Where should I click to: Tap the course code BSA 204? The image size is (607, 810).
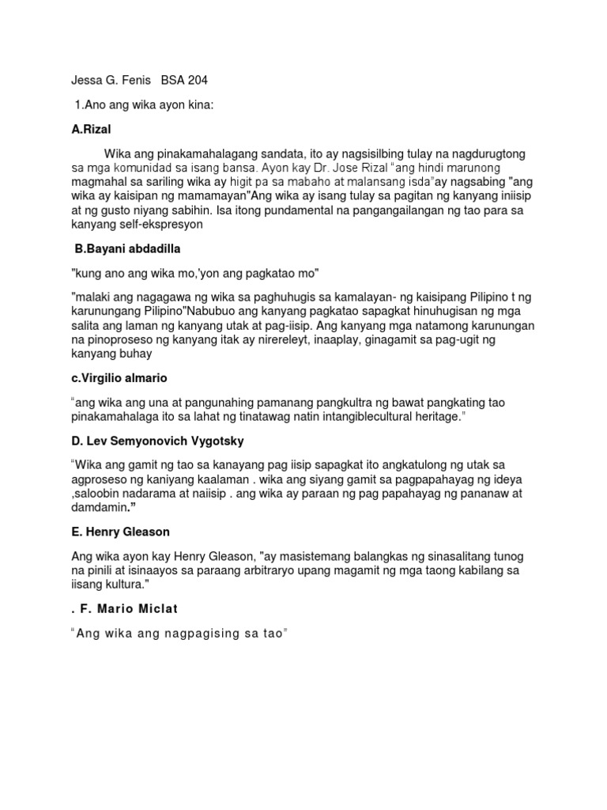(x=184, y=80)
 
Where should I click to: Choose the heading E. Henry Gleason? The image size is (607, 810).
(x=120, y=531)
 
